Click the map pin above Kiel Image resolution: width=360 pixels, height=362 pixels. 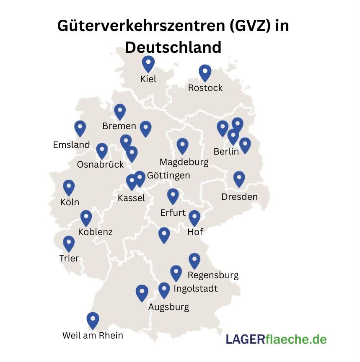[148, 64]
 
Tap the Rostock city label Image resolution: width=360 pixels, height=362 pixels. [205, 88]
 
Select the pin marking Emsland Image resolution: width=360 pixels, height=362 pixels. [80, 128]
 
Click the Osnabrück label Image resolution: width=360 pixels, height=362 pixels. [100, 164]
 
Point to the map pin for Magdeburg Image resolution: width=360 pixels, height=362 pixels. [182, 146]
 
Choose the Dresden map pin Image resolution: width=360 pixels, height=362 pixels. [239, 179]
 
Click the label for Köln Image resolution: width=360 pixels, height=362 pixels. [70, 202]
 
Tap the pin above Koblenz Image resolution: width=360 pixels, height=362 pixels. [86, 217]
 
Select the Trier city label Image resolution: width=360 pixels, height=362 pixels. [69, 258]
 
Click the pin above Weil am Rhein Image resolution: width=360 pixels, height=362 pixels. [93, 320]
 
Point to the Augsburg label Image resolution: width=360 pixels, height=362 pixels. [168, 307]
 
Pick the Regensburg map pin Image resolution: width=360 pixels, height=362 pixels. [194, 261]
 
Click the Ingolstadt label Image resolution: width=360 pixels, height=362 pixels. [195, 288]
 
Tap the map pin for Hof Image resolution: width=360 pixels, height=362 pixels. [194, 218]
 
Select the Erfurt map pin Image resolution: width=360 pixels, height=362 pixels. [173, 196]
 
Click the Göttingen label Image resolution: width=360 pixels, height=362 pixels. [168, 175]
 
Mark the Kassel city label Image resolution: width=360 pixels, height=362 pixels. [131, 198]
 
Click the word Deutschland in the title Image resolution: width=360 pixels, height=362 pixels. [173, 47]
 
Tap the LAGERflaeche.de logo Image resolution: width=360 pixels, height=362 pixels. [276, 339]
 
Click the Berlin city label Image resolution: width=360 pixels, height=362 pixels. [226, 151]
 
